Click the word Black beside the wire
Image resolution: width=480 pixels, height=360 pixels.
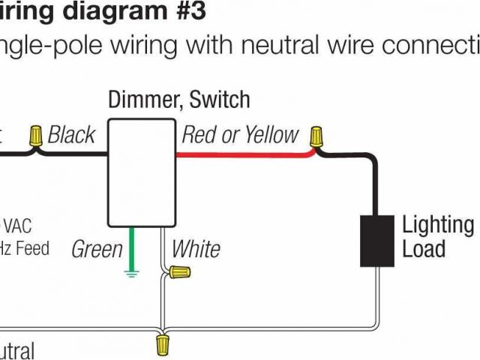[x=71, y=135]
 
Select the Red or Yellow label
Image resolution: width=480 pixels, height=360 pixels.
[x=240, y=135]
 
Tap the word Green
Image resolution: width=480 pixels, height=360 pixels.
[x=97, y=249]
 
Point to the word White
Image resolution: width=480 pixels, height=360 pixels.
[x=196, y=249]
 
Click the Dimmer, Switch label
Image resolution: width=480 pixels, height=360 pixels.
[x=179, y=99]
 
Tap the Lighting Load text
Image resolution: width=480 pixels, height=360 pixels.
[x=438, y=236]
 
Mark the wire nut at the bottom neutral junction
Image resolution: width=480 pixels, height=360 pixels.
[x=162, y=344]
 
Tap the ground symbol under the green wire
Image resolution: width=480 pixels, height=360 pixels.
[x=132, y=274]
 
